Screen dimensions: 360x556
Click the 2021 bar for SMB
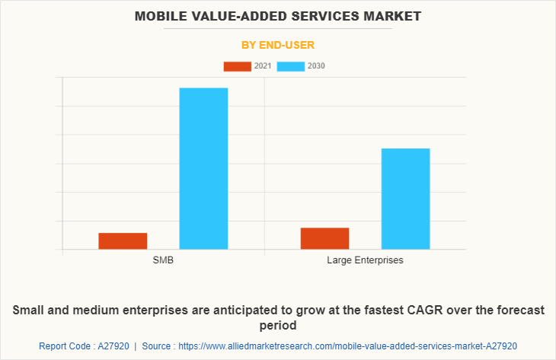pos(123,241)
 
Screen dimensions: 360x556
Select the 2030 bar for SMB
pos(203,168)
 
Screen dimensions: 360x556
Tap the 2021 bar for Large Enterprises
pos(324,238)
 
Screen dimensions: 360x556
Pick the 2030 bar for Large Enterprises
pos(405,199)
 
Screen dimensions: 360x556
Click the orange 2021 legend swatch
pos(237,66)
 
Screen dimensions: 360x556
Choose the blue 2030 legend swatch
pos(291,66)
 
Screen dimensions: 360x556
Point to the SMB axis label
pos(163,260)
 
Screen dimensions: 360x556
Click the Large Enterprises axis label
pos(365,260)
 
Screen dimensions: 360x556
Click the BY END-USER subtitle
pos(278,45)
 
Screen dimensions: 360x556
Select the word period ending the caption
pos(278,326)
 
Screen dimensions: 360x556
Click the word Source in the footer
pos(158,346)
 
